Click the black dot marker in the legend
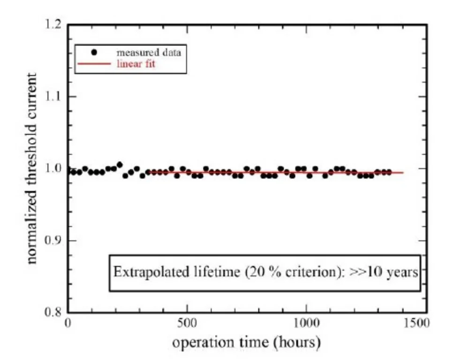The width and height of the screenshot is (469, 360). [94, 53]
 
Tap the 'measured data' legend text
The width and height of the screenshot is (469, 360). [148, 53]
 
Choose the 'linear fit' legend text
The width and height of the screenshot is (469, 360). [136, 64]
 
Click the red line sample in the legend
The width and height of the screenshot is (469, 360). [94, 64]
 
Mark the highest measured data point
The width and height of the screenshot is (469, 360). [120, 164]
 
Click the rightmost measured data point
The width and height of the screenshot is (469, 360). [389, 172]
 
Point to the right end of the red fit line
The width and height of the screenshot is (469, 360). [403, 172]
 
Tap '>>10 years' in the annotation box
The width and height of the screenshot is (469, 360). [384, 272]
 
